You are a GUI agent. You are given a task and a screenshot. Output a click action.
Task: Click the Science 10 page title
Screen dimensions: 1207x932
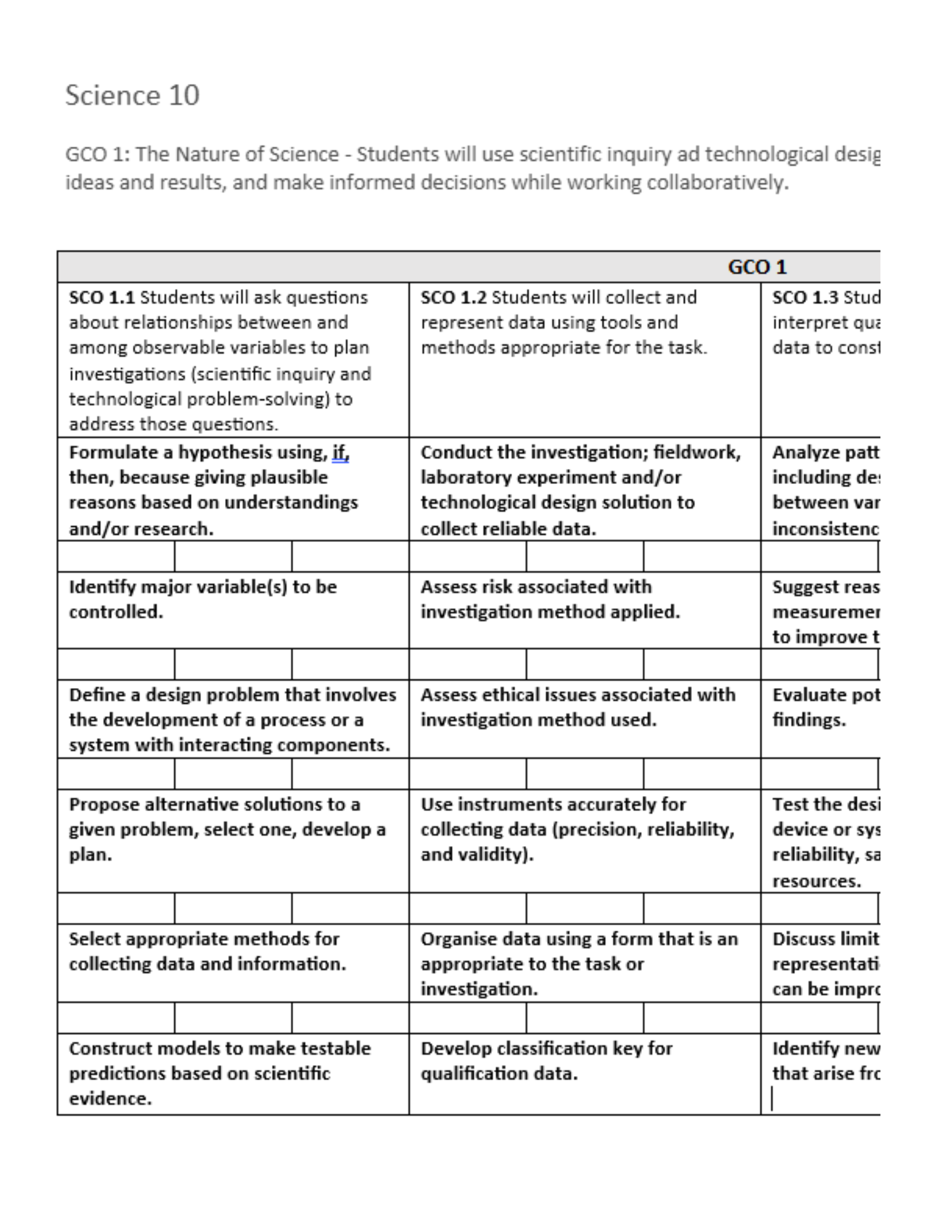pos(132,95)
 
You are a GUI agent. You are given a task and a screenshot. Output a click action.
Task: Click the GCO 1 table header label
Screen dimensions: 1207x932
pos(756,267)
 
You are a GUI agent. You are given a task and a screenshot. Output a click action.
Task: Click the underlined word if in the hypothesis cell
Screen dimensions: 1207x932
pos(340,452)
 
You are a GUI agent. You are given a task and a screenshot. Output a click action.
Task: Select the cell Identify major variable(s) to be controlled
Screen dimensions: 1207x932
pos(203,599)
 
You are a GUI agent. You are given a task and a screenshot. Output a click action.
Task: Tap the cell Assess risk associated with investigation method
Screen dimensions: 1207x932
pos(550,599)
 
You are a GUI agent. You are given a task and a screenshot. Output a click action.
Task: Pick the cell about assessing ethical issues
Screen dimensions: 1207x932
pos(577,707)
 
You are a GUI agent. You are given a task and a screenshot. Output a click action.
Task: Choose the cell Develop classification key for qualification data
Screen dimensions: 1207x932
pos(546,1061)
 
